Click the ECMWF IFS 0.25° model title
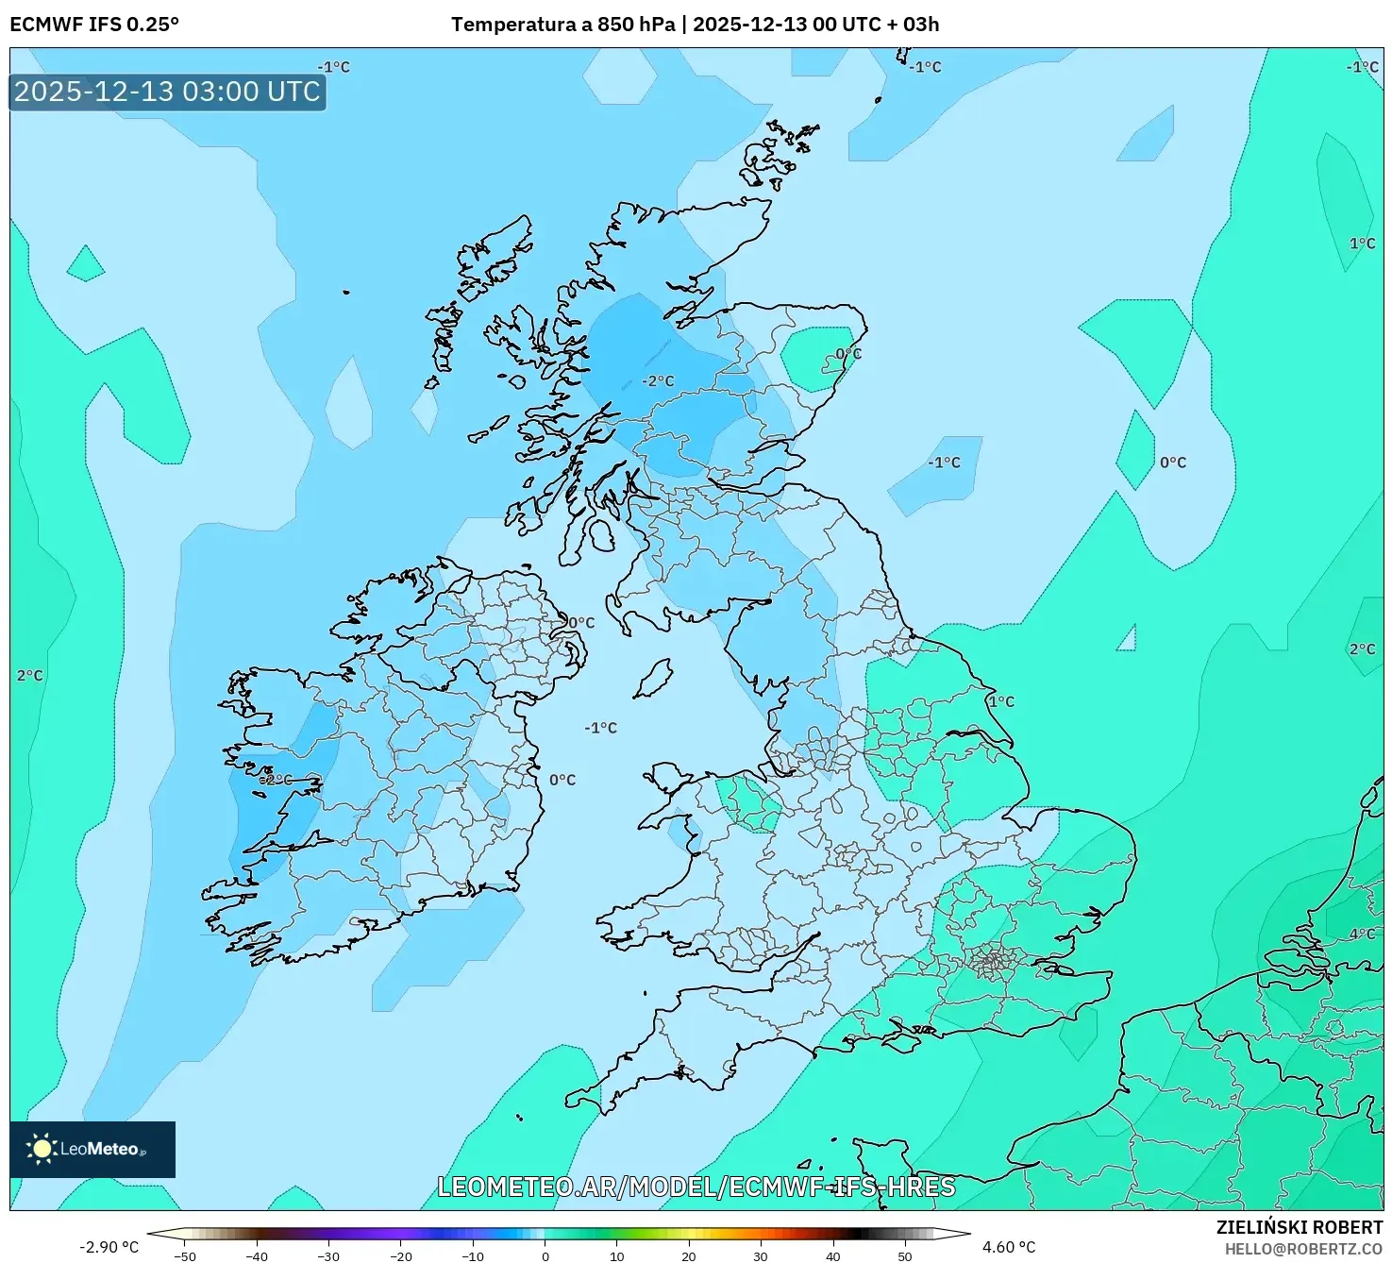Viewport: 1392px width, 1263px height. click(x=94, y=25)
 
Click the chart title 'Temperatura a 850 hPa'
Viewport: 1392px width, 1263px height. click(x=562, y=25)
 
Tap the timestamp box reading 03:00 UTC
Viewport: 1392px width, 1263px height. click(x=167, y=92)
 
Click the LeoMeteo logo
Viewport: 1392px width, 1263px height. click(x=92, y=1149)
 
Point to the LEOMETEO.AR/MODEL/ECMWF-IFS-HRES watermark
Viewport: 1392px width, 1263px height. click(x=696, y=1187)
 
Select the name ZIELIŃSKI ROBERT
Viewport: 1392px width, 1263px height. click(x=1300, y=1227)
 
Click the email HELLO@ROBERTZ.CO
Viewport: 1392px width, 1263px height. click(x=1303, y=1249)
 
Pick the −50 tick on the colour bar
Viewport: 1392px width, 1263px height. click(x=185, y=1255)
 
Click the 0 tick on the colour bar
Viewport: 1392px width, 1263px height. click(x=545, y=1255)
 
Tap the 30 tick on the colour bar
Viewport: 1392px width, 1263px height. click(x=761, y=1255)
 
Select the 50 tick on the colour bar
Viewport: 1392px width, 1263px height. click(x=905, y=1255)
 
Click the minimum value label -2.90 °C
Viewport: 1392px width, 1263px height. click(x=109, y=1247)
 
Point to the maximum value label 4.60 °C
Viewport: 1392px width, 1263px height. click(x=1009, y=1247)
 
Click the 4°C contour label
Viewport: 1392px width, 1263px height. click(x=1362, y=934)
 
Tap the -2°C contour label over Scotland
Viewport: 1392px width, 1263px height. click(x=658, y=381)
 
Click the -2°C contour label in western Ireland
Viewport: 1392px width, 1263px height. click(x=276, y=781)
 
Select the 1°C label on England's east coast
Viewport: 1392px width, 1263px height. click(x=1001, y=701)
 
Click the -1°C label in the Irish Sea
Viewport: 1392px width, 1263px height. click(x=600, y=728)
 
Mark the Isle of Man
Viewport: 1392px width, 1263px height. click(x=653, y=678)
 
